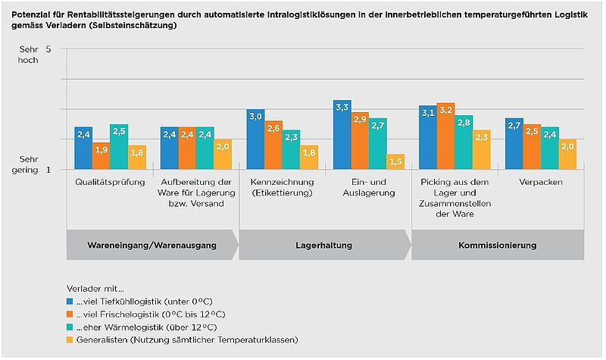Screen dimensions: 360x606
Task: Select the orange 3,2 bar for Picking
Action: [x=445, y=136]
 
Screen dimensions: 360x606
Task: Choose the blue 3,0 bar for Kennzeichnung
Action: [x=255, y=139]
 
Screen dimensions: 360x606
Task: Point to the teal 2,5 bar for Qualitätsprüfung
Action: [x=119, y=147]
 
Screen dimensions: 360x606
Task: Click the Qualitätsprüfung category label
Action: [x=110, y=183]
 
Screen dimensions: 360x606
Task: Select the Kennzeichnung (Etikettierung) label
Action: [x=282, y=187]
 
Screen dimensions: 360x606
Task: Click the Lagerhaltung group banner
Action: [x=325, y=246]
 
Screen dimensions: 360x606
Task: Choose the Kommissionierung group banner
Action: [x=497, y=246]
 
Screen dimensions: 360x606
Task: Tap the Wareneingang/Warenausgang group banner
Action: [x=152, y=246]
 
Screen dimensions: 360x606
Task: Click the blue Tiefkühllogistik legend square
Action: [x=69, y=301]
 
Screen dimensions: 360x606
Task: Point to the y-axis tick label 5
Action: [x=48, y=49]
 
